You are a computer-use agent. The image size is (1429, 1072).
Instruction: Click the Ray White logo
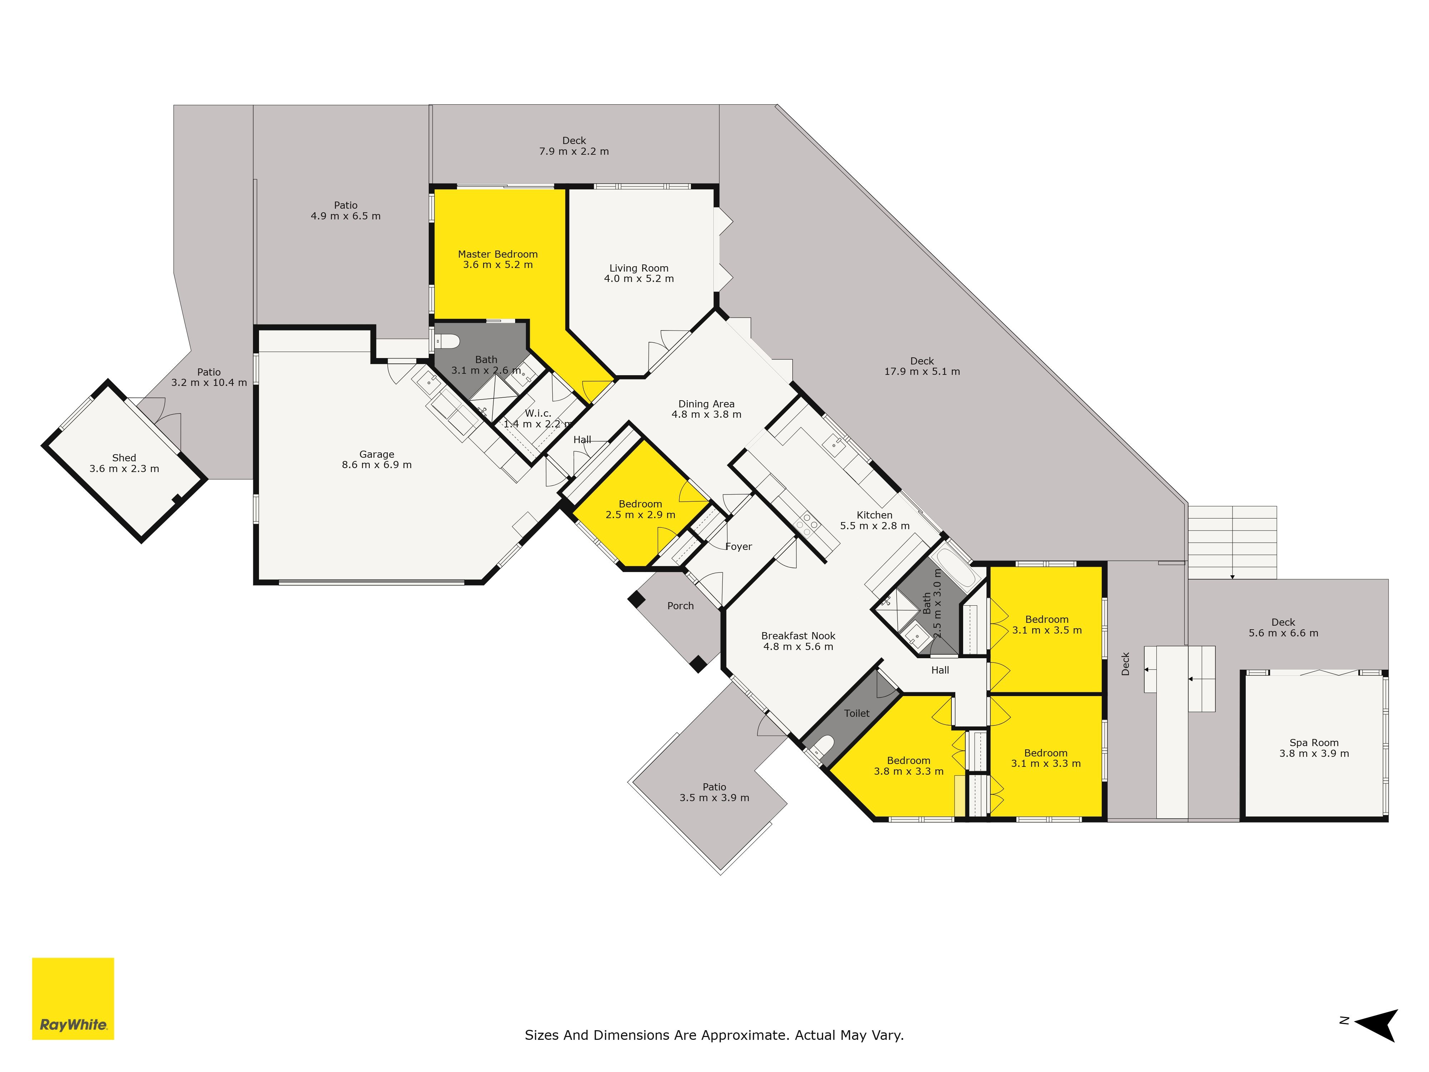click(73, 998)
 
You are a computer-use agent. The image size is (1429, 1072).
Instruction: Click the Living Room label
click(639, 268)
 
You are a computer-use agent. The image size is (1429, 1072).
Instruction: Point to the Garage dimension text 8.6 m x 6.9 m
click(377, 465)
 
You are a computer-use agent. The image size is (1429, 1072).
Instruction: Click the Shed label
click(124, 457)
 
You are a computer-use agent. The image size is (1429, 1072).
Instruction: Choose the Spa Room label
click(1314, 743)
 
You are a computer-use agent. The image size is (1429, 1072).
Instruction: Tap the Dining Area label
click(706, 404)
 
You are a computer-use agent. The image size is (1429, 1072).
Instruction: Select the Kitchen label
click(874, 515)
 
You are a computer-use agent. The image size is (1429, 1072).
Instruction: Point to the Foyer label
click(738, 547)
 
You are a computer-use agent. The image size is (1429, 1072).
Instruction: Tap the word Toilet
click(857, 713)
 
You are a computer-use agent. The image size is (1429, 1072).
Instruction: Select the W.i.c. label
click(538, 413)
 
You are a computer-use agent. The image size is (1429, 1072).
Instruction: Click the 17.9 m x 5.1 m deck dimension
click(922, 372)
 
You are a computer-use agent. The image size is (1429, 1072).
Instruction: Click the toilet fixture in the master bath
click(447, 341)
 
